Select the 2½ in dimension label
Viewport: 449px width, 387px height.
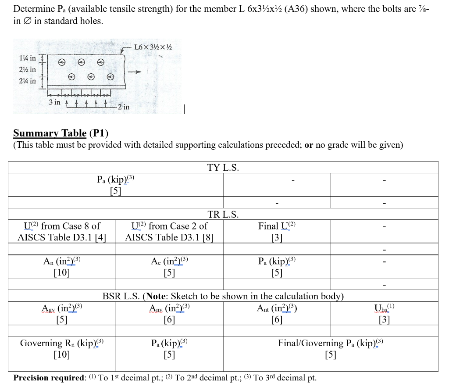[x=27, y=70]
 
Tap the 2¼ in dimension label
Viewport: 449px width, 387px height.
[x=27, y=81]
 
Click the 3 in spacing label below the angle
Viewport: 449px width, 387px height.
[x=54, y=102]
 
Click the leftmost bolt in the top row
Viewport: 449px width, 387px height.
[x=62, y=62]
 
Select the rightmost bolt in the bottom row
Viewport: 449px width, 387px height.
[x=110, y=77]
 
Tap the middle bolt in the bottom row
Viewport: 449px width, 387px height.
[x=91, y=77]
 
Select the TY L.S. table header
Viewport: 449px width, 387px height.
[x=223, y=167]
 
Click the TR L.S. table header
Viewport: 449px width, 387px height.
[x=223, y=214]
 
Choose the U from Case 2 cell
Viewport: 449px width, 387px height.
[x=169, y=231]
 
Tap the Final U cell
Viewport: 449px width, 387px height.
[x=277, y=231]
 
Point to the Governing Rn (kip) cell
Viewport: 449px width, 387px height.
[x=61, y=348]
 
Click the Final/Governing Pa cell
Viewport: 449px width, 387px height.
[x=331, y=348]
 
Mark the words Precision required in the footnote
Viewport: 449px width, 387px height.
[x=49, y=378]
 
